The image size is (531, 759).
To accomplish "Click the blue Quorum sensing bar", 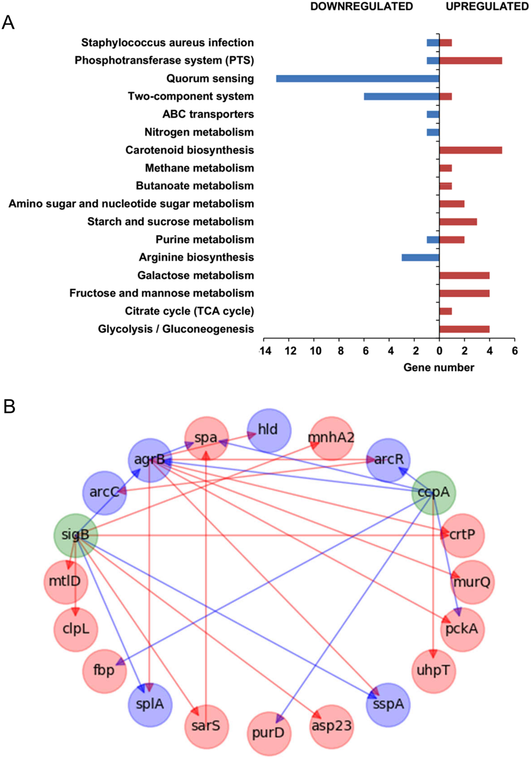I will [357, 78].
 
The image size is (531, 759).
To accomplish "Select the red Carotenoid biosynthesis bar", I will [470, 150].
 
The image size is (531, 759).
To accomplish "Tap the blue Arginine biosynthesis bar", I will [420, 258].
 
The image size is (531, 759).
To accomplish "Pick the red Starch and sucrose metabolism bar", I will [458, 222].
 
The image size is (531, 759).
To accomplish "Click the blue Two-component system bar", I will [401, 97].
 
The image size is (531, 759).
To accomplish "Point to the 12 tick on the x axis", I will [290, 351].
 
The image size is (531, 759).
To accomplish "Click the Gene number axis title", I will [439, 368].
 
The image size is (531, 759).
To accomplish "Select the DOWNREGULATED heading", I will [362, 6].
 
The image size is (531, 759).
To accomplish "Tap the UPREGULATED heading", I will [487, 6].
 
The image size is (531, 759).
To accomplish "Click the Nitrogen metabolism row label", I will [199, 132].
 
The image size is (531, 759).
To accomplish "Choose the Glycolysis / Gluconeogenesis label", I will [176, 329].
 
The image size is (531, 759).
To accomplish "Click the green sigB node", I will [75, 535].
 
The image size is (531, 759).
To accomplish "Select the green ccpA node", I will [433, 492].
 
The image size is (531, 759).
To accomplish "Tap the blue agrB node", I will [150, 460].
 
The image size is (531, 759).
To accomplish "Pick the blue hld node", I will [269, 430].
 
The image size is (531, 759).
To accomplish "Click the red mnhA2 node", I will [331, 438].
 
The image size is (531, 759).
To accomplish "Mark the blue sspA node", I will [388, 704].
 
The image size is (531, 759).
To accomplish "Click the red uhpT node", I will [433, 671].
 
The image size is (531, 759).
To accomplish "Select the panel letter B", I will [9, 407].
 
